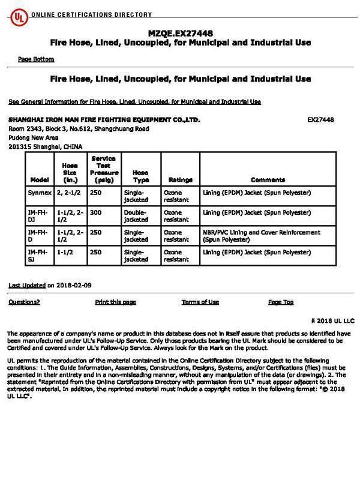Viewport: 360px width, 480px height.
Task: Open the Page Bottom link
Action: pos(36,59)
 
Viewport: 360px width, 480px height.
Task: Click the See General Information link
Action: pos(134,101)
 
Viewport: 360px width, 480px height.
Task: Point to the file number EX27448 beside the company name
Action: pos(320,119)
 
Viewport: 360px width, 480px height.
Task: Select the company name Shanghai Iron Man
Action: pos(104,119)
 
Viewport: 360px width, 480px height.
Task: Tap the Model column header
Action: pos(39,179)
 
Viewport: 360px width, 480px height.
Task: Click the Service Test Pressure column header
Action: pos(103,169)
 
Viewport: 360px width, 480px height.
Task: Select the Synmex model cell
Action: pos(39,193)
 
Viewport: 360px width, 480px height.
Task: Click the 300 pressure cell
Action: pos(96,212)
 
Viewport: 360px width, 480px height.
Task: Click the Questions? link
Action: pos(24,302)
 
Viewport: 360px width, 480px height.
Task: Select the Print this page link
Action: pos(115,302)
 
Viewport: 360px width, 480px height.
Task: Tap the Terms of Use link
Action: pos(200,302)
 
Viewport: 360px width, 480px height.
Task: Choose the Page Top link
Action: pos(280,302)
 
